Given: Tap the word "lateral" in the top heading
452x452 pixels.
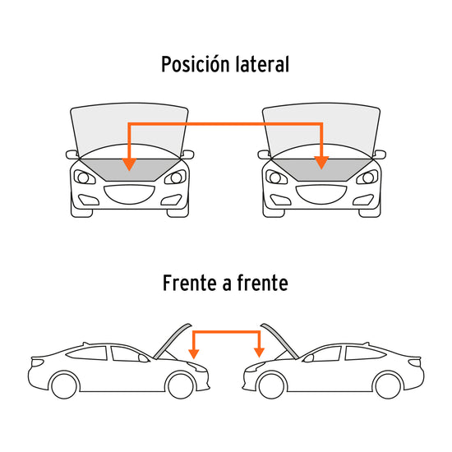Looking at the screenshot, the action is click(262, 64).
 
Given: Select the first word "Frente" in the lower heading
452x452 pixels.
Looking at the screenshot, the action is click(190, 283).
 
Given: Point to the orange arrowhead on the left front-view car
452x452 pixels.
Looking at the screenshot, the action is click(129, 164).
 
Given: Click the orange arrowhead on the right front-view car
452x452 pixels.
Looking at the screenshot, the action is click(321, 163).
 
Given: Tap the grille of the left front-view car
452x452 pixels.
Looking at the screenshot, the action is click(129, 195).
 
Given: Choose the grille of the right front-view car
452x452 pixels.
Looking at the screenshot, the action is click(321, 195).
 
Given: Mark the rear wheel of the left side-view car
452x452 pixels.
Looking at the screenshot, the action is click(64, 385).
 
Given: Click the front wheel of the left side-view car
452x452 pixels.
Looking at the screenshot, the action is click(181, 385).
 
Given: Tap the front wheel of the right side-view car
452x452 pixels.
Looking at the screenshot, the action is click(272, 385).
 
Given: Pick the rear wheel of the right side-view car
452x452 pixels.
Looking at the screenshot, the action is click(388, 385).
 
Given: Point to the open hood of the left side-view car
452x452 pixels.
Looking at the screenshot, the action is click(172, 341).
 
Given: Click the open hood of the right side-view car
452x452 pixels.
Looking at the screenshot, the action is click(280, 341).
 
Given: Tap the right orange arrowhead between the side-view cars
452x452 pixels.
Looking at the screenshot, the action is click(259, 353).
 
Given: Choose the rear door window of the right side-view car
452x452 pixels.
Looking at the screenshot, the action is click(364, 353).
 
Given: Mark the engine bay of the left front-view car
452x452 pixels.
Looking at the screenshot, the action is click(129, 169).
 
